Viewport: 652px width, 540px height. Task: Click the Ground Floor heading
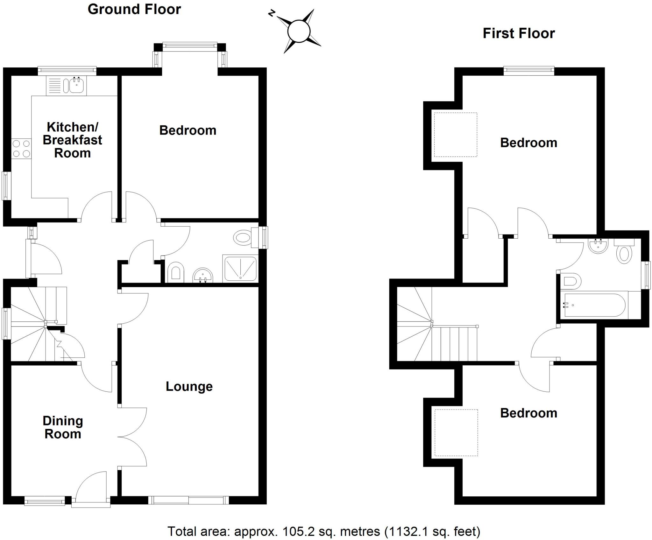134,9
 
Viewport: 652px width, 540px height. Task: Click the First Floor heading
519,33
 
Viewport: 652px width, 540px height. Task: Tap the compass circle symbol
299,31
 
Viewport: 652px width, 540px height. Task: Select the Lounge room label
189,386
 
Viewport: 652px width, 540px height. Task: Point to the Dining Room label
63,427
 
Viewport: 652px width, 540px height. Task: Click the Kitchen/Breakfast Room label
72,140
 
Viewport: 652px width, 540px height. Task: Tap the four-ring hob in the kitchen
21,149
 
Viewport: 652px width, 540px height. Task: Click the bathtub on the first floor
594,305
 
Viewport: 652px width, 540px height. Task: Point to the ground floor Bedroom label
188,130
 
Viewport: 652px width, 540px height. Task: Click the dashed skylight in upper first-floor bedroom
456,135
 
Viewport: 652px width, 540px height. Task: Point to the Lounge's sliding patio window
188,500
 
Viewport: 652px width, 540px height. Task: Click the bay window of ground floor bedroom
190,47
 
